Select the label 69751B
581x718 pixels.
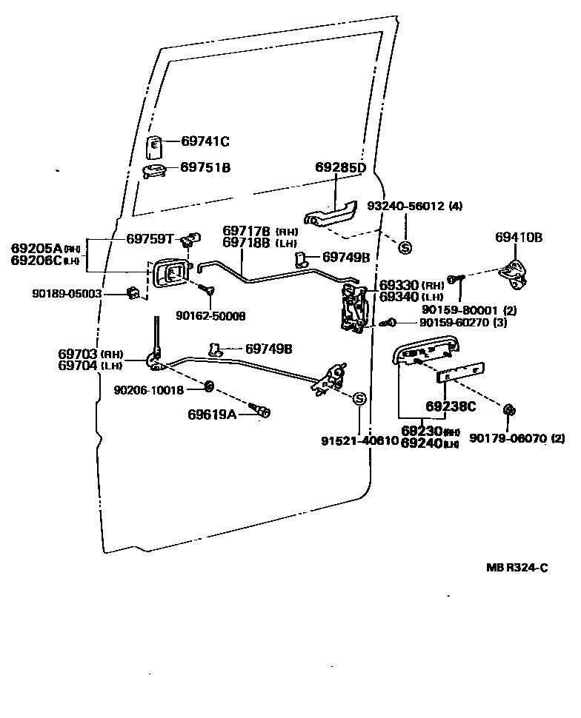coord(205,168)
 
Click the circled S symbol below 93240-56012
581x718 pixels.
coord(405,247)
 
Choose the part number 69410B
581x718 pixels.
coord(519,238)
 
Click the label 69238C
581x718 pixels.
coord(451,406)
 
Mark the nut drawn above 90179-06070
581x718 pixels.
coord(508,411)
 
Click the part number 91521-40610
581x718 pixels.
coord(359,440)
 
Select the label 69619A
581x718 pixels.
coord(211,414)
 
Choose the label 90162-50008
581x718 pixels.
coord(210,316)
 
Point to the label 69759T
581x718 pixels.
coord(150,238)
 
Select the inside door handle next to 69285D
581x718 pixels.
coord(333,215)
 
